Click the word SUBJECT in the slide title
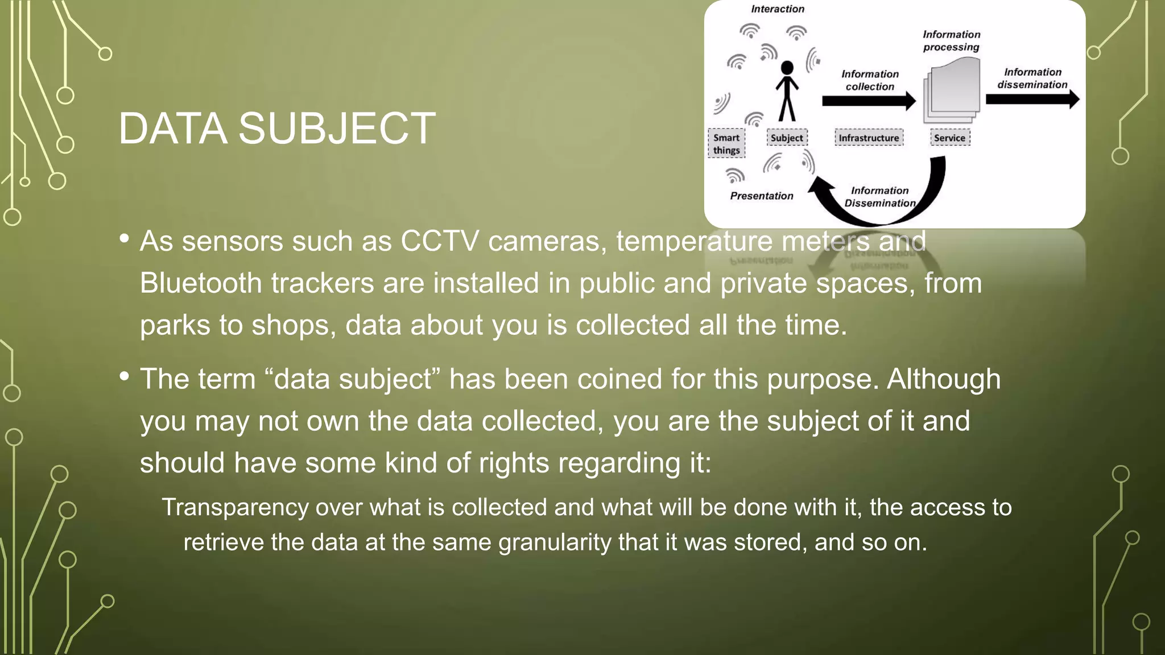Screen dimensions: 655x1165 point(337,128)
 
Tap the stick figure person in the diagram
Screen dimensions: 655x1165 point(787,91)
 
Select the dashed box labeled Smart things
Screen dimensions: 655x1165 point(726,144)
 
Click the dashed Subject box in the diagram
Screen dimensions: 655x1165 point(787,138)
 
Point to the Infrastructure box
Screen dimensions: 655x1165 point(869,138)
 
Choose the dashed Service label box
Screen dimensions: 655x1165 point(949,138)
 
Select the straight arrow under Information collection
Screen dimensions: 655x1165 point(868,101)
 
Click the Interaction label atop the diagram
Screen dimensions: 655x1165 point(778,9)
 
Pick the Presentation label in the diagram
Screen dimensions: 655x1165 point(762,196)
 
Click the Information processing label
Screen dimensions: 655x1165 point(951,41)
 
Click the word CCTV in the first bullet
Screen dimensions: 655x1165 point(440,241)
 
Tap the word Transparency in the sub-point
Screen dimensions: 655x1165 point(234,507)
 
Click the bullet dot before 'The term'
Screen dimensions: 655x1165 point(125,376)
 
